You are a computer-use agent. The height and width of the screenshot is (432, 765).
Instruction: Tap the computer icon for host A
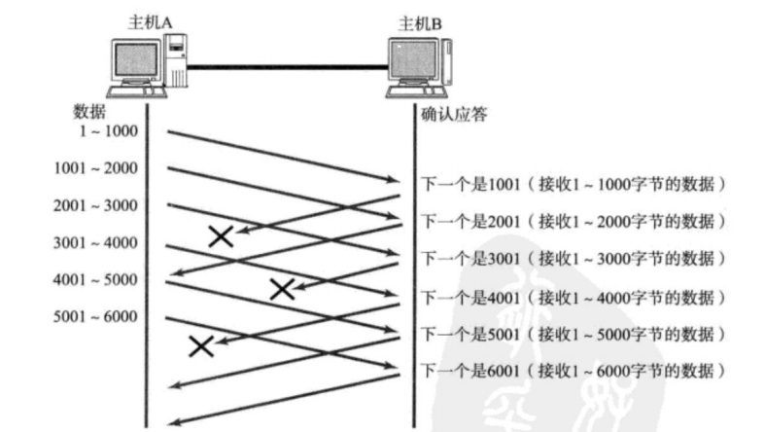point(147,64)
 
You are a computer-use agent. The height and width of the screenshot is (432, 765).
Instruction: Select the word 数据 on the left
point(89,110)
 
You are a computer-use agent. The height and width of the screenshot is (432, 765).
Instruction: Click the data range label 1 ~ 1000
point(109,130)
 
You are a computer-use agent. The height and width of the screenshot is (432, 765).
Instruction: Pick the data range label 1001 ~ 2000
point(95,168)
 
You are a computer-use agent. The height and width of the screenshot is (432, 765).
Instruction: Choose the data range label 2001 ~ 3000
point(95,205)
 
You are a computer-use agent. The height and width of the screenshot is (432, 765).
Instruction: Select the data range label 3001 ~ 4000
point(95,242)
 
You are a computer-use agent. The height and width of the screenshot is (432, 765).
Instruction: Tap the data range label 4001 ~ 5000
point(95,279)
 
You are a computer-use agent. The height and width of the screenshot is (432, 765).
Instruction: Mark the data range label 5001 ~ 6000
point(95,316)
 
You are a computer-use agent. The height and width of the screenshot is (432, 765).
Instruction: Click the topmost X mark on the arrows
point(221,235)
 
